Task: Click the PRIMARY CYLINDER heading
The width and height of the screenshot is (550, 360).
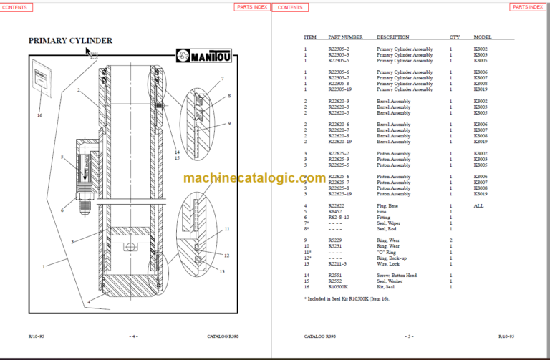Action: coord(70,40)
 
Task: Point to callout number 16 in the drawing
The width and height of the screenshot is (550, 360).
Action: coord(40,115)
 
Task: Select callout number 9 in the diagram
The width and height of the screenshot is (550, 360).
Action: coord(228,124)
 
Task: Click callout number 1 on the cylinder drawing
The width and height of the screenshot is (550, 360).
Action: coord(44,266)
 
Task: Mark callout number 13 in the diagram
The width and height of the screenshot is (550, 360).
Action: coord(222,271)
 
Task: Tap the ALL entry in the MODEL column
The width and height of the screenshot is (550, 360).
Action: coord(479,205)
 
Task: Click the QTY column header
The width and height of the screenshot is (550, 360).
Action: coord(455,37)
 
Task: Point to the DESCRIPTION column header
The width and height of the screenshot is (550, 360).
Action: coord(392,37)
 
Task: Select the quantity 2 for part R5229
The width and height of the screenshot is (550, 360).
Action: coord(451,240)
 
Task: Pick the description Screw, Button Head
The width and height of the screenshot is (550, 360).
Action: coord(396,275)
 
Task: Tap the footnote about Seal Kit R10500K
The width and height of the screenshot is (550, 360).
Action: coord(347,297)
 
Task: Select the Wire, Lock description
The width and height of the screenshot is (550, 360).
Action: coord(389,263)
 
